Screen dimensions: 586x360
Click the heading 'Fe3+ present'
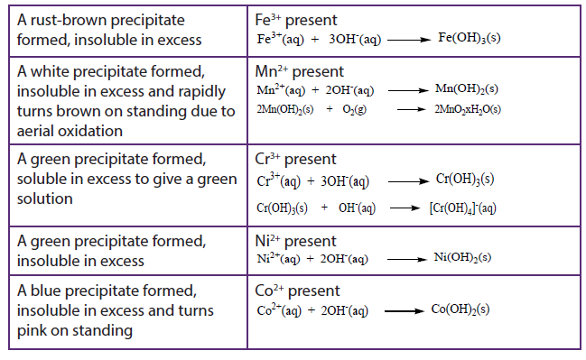[x=296, y=20]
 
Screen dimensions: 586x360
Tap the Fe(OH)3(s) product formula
[x=469, y=38]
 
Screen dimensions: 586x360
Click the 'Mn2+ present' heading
[x=300, y=71]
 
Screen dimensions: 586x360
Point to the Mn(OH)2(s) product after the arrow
[x=467, y=89]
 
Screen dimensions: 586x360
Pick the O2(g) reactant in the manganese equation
[x=354, y=109]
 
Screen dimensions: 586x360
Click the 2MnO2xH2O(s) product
[x=468, y=109]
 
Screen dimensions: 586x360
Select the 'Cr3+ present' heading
[x=295, y=159]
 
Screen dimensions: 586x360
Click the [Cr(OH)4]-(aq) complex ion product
[x=462, y=208]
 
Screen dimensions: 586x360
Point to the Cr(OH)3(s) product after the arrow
[x=465, y=179]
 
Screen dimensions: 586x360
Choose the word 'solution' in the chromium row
[x=45, y=198]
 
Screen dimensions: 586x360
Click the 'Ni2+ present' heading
[x=295, y=241]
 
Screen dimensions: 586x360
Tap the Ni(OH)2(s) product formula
[x=462, y=257]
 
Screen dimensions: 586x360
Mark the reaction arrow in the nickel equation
[x=407, y=260]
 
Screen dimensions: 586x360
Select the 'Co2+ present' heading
[x=297, y=291]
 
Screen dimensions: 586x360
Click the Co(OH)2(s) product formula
[x=460, y=309]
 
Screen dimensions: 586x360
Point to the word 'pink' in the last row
[x=31, y=331]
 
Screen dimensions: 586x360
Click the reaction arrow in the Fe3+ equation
[x=409, y=40]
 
